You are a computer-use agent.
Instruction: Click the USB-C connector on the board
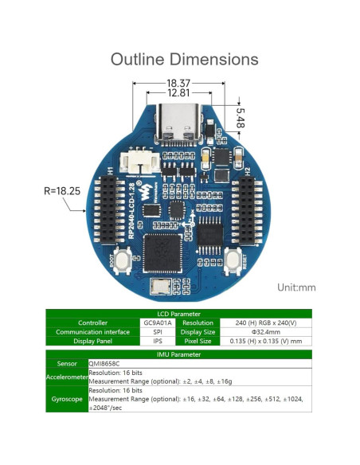(x=180, y=125)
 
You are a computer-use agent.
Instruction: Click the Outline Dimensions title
(x=184, y=60)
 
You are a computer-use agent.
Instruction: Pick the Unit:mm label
(x=296, y=287)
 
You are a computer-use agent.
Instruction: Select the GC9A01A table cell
(x=157, y=322)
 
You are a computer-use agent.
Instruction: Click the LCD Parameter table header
(x=179, y=314)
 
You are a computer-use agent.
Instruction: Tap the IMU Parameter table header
(x=179, y=354)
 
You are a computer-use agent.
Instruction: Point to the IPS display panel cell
(x=157, y=340)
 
